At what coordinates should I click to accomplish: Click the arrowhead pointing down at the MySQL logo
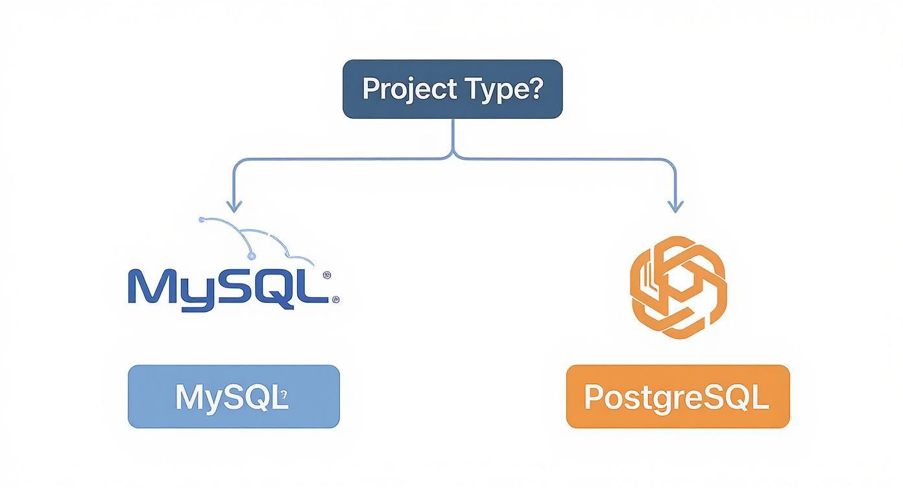coord(234,206)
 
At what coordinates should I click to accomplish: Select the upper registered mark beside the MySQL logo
coord(326,275)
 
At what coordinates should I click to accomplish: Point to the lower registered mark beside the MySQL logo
coord(335,300)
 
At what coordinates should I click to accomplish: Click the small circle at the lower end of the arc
coord(252,255)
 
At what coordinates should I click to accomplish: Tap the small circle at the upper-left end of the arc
coord(202,219)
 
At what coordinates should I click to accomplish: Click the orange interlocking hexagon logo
coord(678,287)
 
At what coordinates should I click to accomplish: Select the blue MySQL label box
coord(234,396)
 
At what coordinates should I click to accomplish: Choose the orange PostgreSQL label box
coord(678,396)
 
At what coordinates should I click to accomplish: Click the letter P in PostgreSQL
coord(594,397)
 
